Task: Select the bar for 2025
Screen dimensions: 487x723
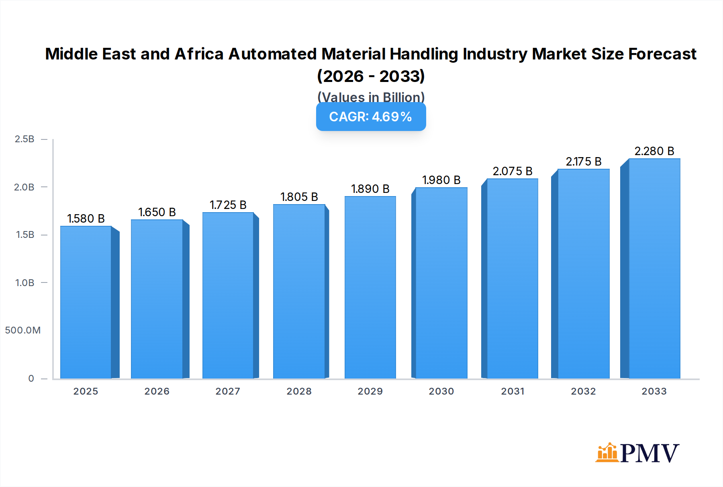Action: coord(86,302)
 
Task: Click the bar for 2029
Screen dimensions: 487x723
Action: coord(370,287)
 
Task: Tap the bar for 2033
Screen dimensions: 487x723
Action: coord(654,268)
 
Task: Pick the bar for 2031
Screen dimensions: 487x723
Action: coord(512,278)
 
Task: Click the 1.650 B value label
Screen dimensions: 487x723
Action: coord(157,212)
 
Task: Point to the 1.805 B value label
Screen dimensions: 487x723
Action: coord(299,197)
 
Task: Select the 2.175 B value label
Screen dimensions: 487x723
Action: coord(583,162)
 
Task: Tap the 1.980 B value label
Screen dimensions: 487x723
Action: coord(441,180)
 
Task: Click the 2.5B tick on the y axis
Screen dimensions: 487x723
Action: coord(25,139)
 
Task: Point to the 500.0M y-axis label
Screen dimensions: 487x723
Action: coord(23,330)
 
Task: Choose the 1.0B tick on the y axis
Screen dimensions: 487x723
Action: coord(25,283)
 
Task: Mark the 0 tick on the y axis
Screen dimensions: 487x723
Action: coord(31,379)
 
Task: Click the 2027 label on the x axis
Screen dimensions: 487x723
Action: coord(228,391)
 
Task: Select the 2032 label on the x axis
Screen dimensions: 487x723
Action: coord(583,391)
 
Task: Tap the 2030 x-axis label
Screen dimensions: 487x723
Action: coord(441,391)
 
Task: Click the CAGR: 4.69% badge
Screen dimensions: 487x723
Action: coord(371,117)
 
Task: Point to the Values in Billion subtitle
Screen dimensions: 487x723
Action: coord(371,97)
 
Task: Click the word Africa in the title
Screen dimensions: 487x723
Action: coord(199,54)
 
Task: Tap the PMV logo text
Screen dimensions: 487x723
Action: coord(649,453)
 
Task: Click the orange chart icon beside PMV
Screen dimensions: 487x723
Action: coord(607,453)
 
